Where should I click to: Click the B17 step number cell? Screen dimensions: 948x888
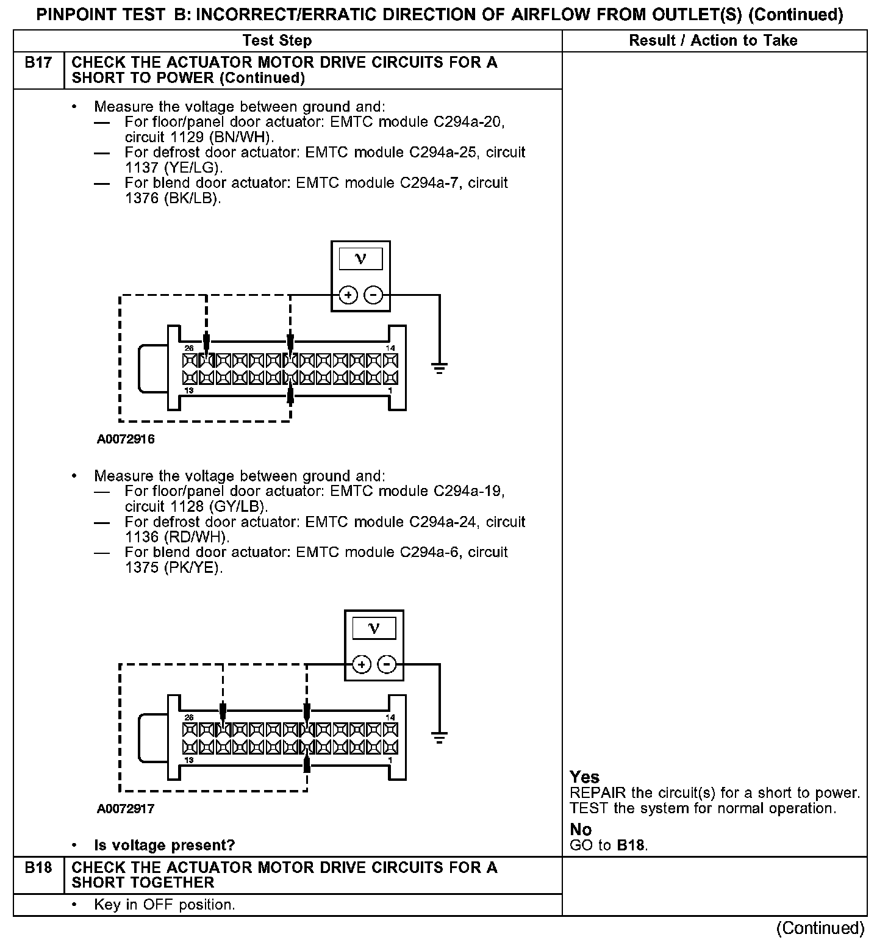(x=38, y=63)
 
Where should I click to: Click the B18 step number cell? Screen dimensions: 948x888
(x=38, y=867)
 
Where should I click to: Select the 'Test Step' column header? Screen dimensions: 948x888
(x=277, y=41)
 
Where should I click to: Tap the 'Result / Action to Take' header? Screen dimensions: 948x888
(x=713, y=41)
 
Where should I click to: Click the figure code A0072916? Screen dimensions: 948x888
(x=126, y=439)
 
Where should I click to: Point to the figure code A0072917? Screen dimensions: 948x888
(x=126, y=809)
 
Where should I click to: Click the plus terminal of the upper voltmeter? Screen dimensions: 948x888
(x=348, y=296)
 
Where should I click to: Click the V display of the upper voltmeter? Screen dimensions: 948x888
(x=360, y=259)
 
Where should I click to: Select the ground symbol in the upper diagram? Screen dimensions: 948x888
(x=439, y=367)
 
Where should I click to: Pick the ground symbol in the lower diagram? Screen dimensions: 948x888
(x=439, y=736)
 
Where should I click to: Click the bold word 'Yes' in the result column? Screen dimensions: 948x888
(x=584, y=777)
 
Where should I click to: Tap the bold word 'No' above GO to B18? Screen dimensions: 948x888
(x=581, y=830)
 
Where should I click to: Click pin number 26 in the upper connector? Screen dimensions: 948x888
(x=189, y=348)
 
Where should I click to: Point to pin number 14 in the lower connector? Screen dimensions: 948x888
(x=390, y=717)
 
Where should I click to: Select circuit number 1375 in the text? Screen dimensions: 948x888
(x=141, y=568)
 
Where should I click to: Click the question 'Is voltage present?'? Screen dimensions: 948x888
(x=165, y=846)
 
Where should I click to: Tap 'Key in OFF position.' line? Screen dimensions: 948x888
(x=165, y=905)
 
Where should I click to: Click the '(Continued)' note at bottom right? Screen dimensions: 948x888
(x=820, y=928)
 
